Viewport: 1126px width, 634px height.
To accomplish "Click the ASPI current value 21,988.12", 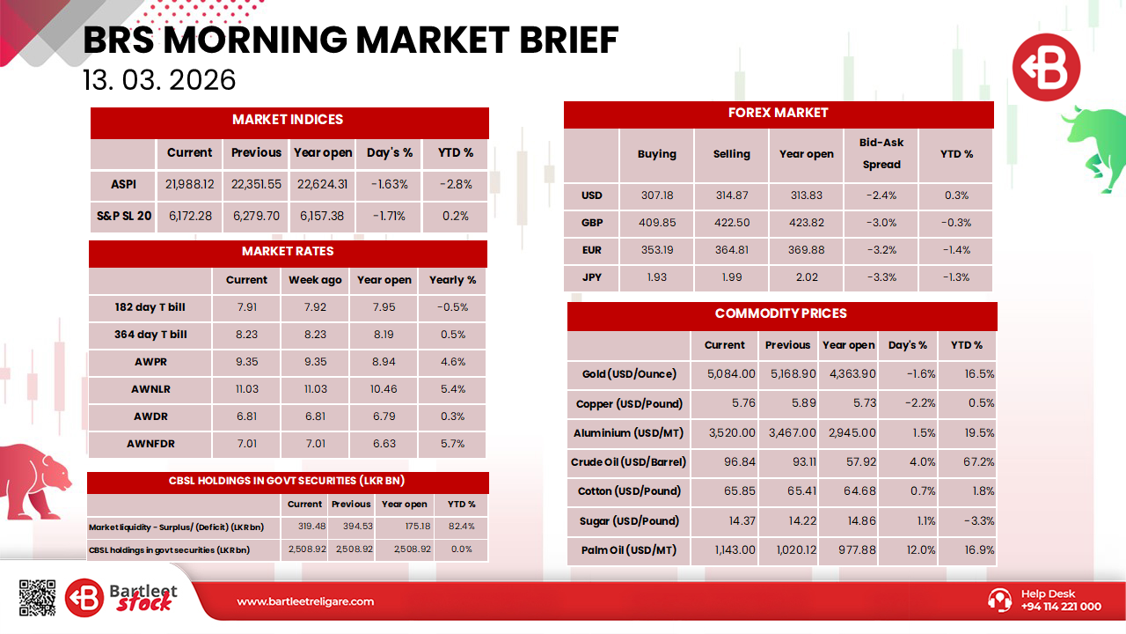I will pos(189,185).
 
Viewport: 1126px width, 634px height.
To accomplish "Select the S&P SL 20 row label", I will pos(123,216).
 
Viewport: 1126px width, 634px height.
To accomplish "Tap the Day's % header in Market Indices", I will pos(390,152).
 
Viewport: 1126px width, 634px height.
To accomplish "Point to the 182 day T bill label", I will pos(150,308).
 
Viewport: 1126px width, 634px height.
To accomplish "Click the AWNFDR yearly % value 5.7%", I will pos(452,444).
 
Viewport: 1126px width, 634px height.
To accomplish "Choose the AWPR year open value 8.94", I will pos(384,362).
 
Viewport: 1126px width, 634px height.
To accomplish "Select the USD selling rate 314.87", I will pos(731,195).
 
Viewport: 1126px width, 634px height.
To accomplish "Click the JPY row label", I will pos(591,277).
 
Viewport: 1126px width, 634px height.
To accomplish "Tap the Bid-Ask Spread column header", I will pos(881,153).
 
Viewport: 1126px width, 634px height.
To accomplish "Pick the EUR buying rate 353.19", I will pos(656,250).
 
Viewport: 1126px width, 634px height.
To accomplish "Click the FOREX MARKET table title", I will pos(778,113).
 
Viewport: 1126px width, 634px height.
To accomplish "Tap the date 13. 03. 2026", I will pos(159,80).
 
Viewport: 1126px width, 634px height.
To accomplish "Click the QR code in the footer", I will pos(37,597).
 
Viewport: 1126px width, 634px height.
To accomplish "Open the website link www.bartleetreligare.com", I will pos(305,601).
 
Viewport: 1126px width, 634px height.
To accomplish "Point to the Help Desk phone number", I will pos(1060,607).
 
